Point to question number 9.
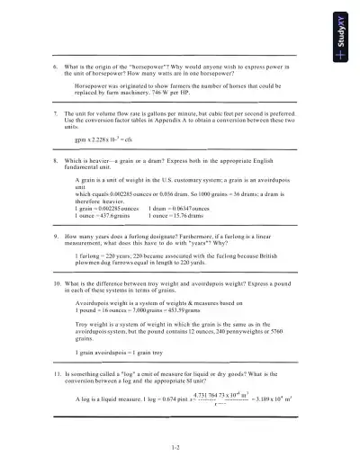click(56, 235)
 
